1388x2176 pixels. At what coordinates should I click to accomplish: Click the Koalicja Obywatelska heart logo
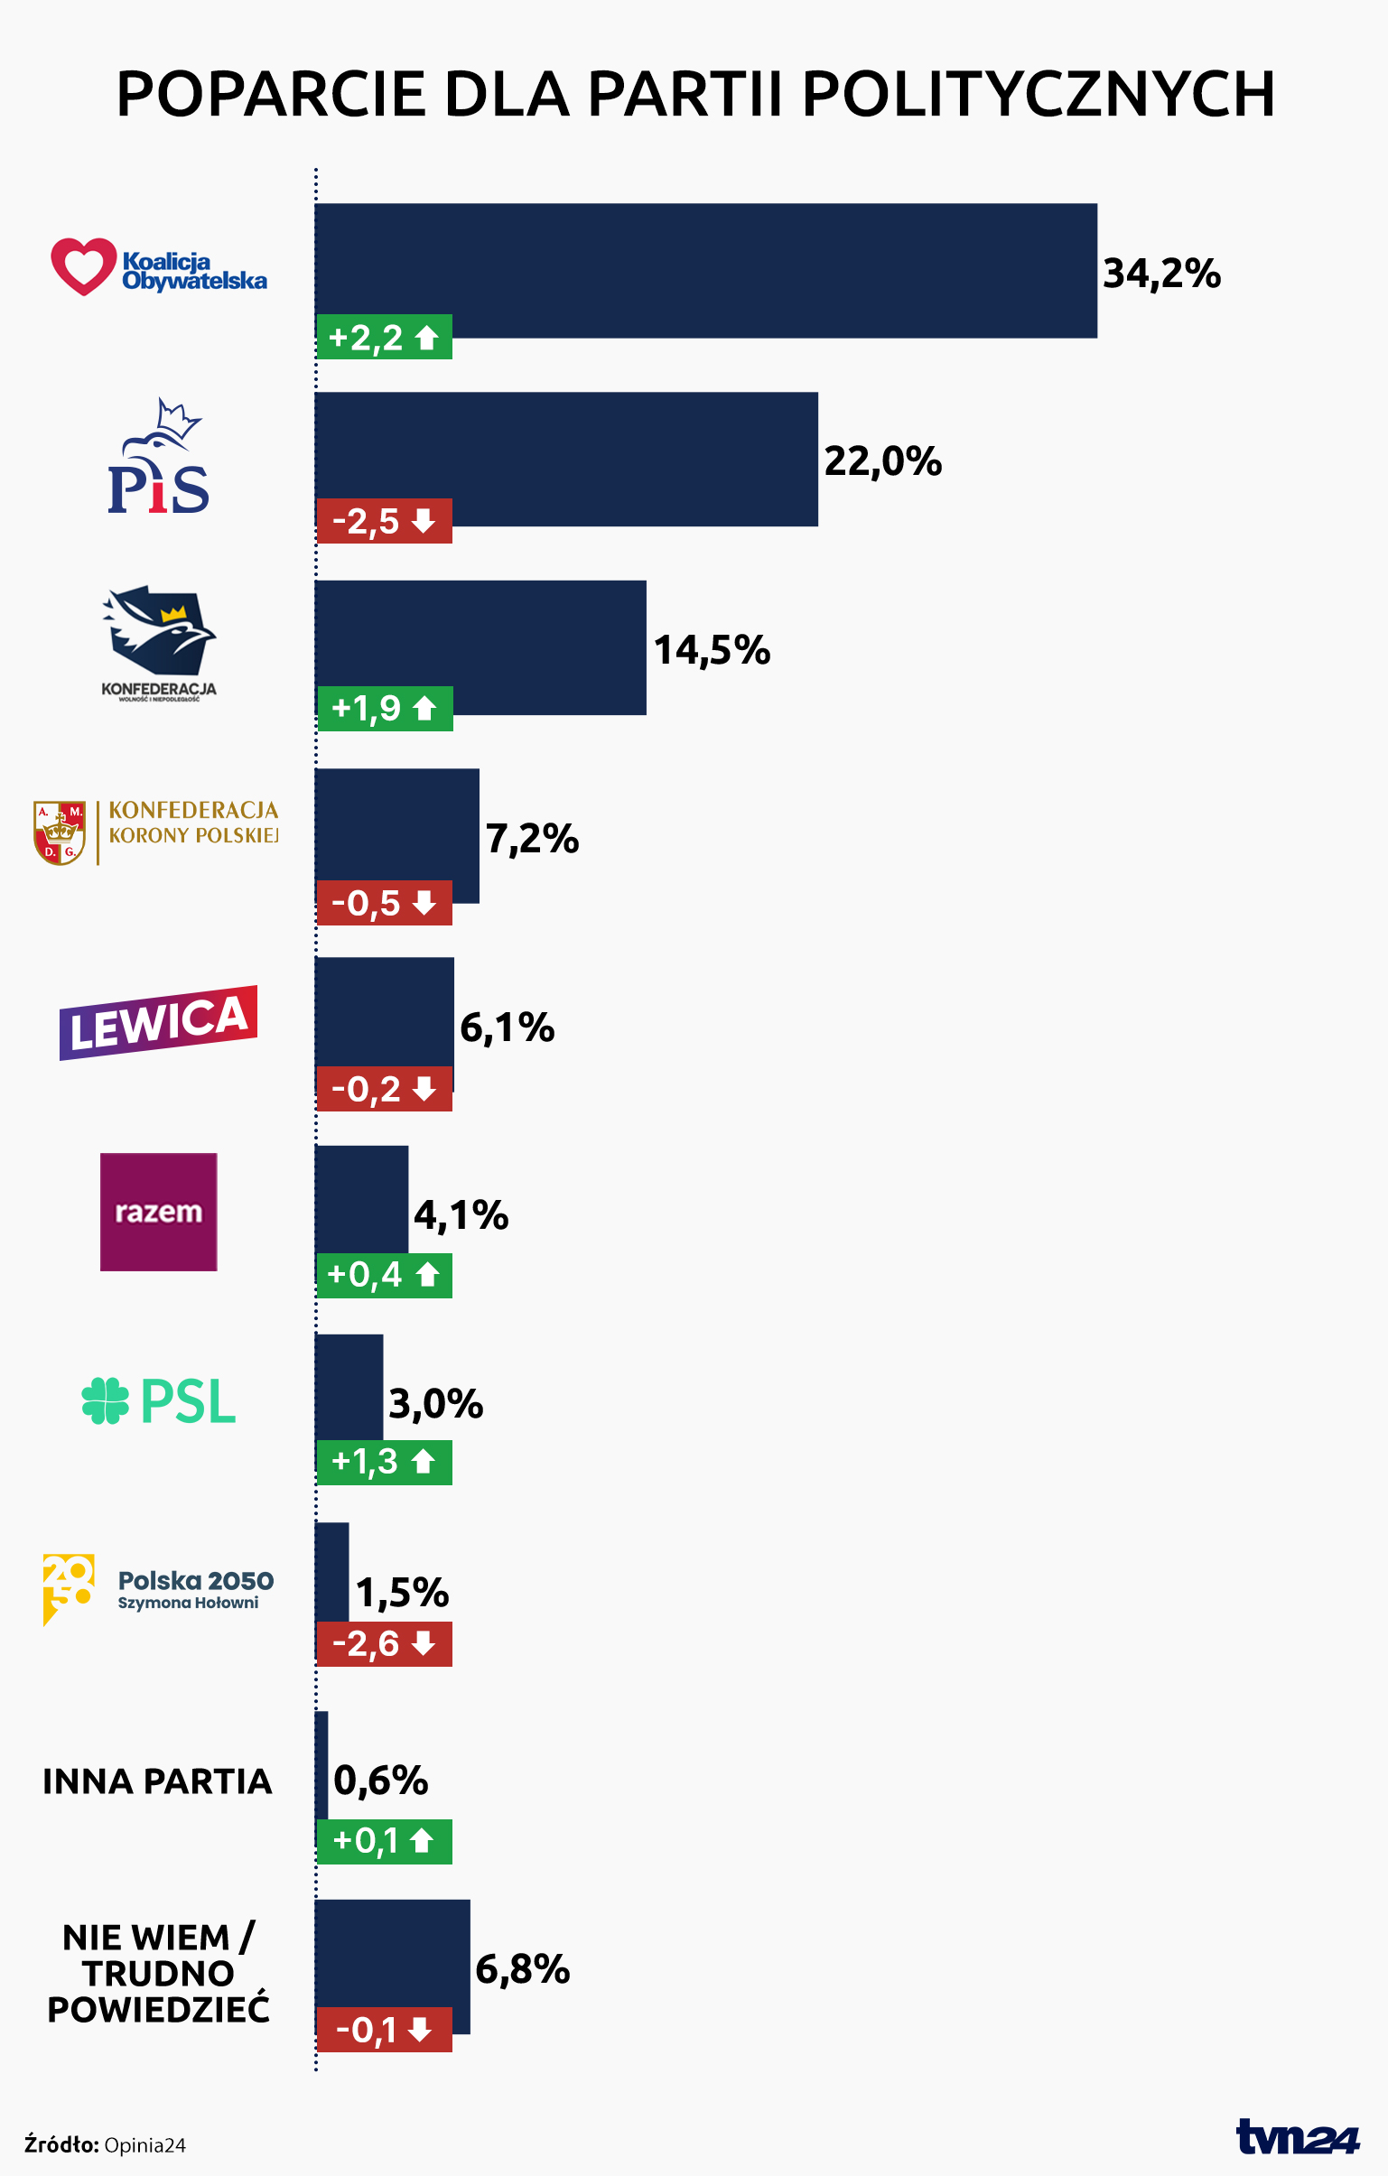tap(84, 266)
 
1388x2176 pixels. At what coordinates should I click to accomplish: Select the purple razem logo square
tap(158, 1211)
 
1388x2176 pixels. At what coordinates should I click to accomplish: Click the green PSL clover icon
tap(105, 1400)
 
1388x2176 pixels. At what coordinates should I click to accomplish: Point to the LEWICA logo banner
tap(158, 1022)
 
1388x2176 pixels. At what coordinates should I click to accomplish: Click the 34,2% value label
tap(1161, 273)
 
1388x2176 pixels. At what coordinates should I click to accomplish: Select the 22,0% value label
tap(882, 460)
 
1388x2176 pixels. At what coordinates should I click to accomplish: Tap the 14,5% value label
tap(712, 650)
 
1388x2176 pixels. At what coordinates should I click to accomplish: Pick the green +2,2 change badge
tap(384, 338)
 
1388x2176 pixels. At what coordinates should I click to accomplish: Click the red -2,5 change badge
tap(384, 521)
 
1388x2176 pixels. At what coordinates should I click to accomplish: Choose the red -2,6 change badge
tap(384, 1644)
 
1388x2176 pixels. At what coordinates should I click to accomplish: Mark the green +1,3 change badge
tap(384, 1461)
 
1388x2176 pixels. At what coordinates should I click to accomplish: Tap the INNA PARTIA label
tap(157, 1781)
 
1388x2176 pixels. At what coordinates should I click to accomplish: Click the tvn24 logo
tap(1297, 2137)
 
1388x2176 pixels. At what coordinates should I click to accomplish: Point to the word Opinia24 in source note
tap(144, 2145)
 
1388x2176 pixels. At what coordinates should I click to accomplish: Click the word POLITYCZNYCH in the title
tap(1039, 94)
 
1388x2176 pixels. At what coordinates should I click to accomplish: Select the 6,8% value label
tap(522, 1969)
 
